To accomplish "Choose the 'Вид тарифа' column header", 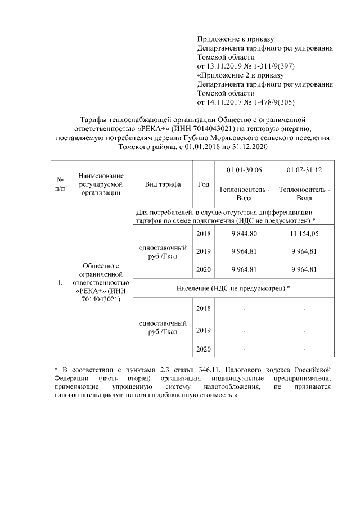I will pyautogui.click(x=163, y=184).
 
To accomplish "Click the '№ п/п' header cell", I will pyautogui.click(x=59, y=184).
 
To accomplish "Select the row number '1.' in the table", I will pyautogui.click(x=59, y=282).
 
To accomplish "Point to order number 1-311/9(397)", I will pyautogui.click(x=269, y=66).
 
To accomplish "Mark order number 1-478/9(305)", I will pyautogui.click(x=269, y=102).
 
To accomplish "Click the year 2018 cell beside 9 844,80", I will pyautogui.click(x=203, y=233).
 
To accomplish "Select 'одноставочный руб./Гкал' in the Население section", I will pyautogui.click(x=163, y=327).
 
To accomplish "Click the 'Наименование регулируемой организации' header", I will pyautogui.click(x=101, y=184).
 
